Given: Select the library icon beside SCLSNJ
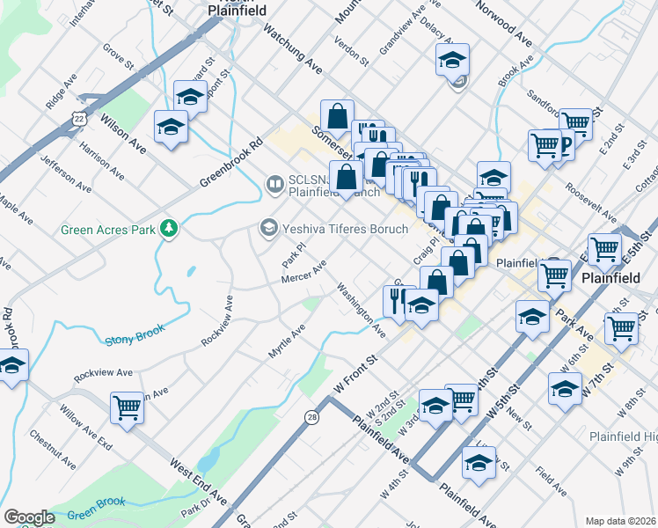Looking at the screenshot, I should tap(274, 184).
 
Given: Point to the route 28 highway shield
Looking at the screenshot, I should tap(312, 417).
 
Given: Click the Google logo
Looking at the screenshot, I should tap(29, 517).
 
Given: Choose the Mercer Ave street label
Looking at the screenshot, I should tap(303, 272).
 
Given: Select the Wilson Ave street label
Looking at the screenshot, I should tap(122, 128).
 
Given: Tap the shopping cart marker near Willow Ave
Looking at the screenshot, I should tap(128, 407).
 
